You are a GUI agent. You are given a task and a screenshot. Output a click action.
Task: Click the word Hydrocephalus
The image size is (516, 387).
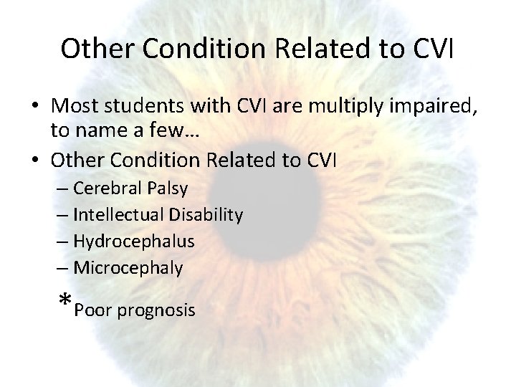[x=134, y=242]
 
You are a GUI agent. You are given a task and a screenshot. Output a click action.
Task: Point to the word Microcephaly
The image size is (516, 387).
[x=128, y=268]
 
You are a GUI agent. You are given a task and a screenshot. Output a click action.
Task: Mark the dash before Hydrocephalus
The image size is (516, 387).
[x=62, y=242]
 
